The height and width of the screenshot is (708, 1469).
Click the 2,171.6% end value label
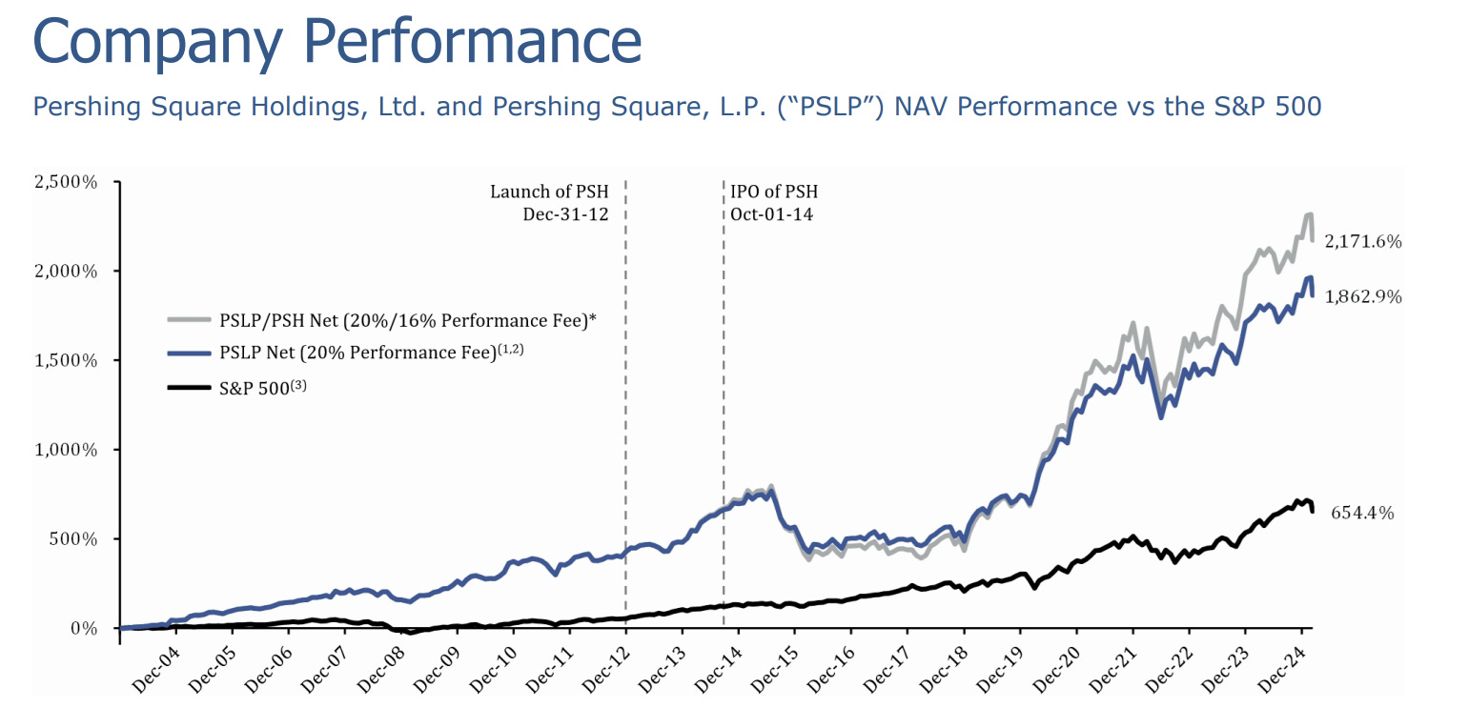pyautogui.click(x=1362, y=242)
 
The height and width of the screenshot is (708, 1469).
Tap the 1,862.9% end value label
pyautogui.click(x=1362, y=297)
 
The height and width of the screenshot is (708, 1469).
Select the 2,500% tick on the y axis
pyautogui.click(x=66, y=182)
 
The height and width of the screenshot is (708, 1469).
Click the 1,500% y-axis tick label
pyautogui.click(x=66, y=361)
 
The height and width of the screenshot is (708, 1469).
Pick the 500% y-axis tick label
pyautogui.click(x=74, y=539)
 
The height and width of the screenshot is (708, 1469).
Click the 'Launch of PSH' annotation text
pyautogui.click(x=549, y=192)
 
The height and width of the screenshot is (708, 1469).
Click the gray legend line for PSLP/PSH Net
pyautogui.click(x=188, y=321)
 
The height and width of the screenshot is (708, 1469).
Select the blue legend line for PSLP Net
pyautogui.click(x=188, y=354)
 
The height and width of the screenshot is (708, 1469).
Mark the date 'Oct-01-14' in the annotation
pyautogui.click(x=772, y=213)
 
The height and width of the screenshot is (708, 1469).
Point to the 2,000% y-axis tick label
pyautogui.click(x=66, y=272)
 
